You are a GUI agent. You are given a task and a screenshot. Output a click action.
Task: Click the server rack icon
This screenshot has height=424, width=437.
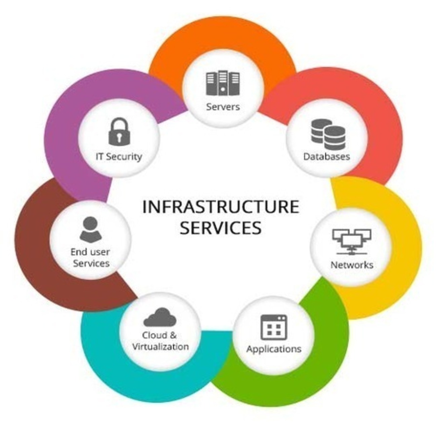(x=223, y=83)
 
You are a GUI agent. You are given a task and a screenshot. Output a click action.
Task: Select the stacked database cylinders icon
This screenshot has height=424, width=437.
(x=328, y=134)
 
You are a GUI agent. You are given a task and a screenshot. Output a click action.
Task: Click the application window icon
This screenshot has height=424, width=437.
(x=274, y=327)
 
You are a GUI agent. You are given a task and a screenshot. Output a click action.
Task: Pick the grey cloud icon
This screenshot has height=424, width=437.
(x=160, y=317)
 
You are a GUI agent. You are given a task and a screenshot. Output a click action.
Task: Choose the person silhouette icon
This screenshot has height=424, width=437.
(x=90, y=229)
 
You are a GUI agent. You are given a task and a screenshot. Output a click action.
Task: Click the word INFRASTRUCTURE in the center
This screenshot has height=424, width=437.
(x=221, y=207)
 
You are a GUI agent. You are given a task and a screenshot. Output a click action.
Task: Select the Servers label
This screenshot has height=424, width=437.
(x=223, y=107)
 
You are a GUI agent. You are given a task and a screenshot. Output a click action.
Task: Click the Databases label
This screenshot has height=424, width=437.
(x=326, y=157)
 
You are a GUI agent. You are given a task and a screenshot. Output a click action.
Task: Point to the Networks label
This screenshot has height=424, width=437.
(x=352, y=265)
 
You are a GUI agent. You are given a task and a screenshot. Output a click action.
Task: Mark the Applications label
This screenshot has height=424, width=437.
(x=274, y=349)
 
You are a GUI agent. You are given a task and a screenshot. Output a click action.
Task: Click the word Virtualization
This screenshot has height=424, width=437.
(x=160, y=346)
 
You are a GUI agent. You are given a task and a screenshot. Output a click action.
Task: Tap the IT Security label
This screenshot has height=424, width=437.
(x=119, y=157)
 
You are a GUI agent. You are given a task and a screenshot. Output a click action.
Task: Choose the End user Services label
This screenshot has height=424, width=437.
(x=90, y=257)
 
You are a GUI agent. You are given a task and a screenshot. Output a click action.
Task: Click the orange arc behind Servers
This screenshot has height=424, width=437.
(x=222, y=37)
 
